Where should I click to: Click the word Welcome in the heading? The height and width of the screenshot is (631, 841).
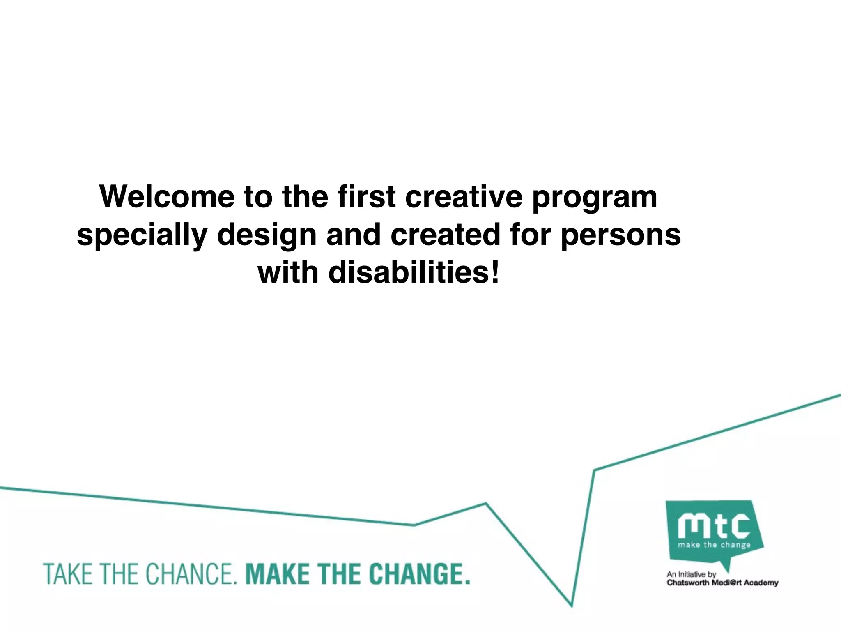(x=167, y=197)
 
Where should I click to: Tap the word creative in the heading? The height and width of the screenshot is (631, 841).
(x=464, y=197)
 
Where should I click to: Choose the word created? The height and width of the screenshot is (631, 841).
(x=446, y=235)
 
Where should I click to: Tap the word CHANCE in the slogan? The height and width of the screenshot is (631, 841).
(x=191, y=574)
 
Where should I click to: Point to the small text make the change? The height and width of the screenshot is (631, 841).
(x=714, y=545)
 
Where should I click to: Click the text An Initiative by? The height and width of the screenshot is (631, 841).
(x=691, y=574)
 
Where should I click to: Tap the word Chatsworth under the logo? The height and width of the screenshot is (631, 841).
(x=687, y=583)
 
